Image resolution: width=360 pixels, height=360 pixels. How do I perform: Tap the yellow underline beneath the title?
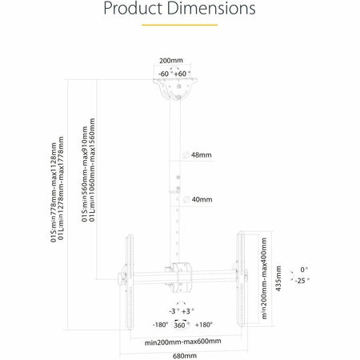tap(179, 25)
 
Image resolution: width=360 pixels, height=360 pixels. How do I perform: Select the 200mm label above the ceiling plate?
tap(171, 61)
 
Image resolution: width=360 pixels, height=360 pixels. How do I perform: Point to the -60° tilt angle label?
tap(164, 74)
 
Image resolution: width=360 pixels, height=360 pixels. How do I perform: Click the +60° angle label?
tap(182, 74)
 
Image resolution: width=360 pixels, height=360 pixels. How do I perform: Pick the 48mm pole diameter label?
tap(202, 155)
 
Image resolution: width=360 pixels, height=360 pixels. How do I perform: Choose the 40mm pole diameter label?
tap(202, 199)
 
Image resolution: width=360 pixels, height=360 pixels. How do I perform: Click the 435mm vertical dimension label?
tap(278, 278)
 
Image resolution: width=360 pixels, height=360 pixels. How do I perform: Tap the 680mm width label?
tap(185, 356)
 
